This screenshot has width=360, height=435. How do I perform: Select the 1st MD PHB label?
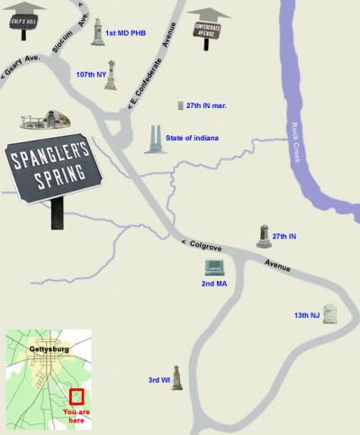(x=126, y=34)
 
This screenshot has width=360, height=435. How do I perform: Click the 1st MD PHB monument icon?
(x=97, y=32)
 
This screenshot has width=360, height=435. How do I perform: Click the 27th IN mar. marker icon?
(x=180, y=105)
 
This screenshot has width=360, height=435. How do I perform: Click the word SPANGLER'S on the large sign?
(x=52, y=159)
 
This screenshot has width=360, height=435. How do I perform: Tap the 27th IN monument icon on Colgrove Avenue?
(x=264, y=236)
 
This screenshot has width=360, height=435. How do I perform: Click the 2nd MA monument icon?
(x=214, y=267)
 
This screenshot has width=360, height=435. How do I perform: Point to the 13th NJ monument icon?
(x=330, y=314)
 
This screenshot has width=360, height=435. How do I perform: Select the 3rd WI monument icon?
(x=177, y=378)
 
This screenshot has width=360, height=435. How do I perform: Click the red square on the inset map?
(x=76, y=394)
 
